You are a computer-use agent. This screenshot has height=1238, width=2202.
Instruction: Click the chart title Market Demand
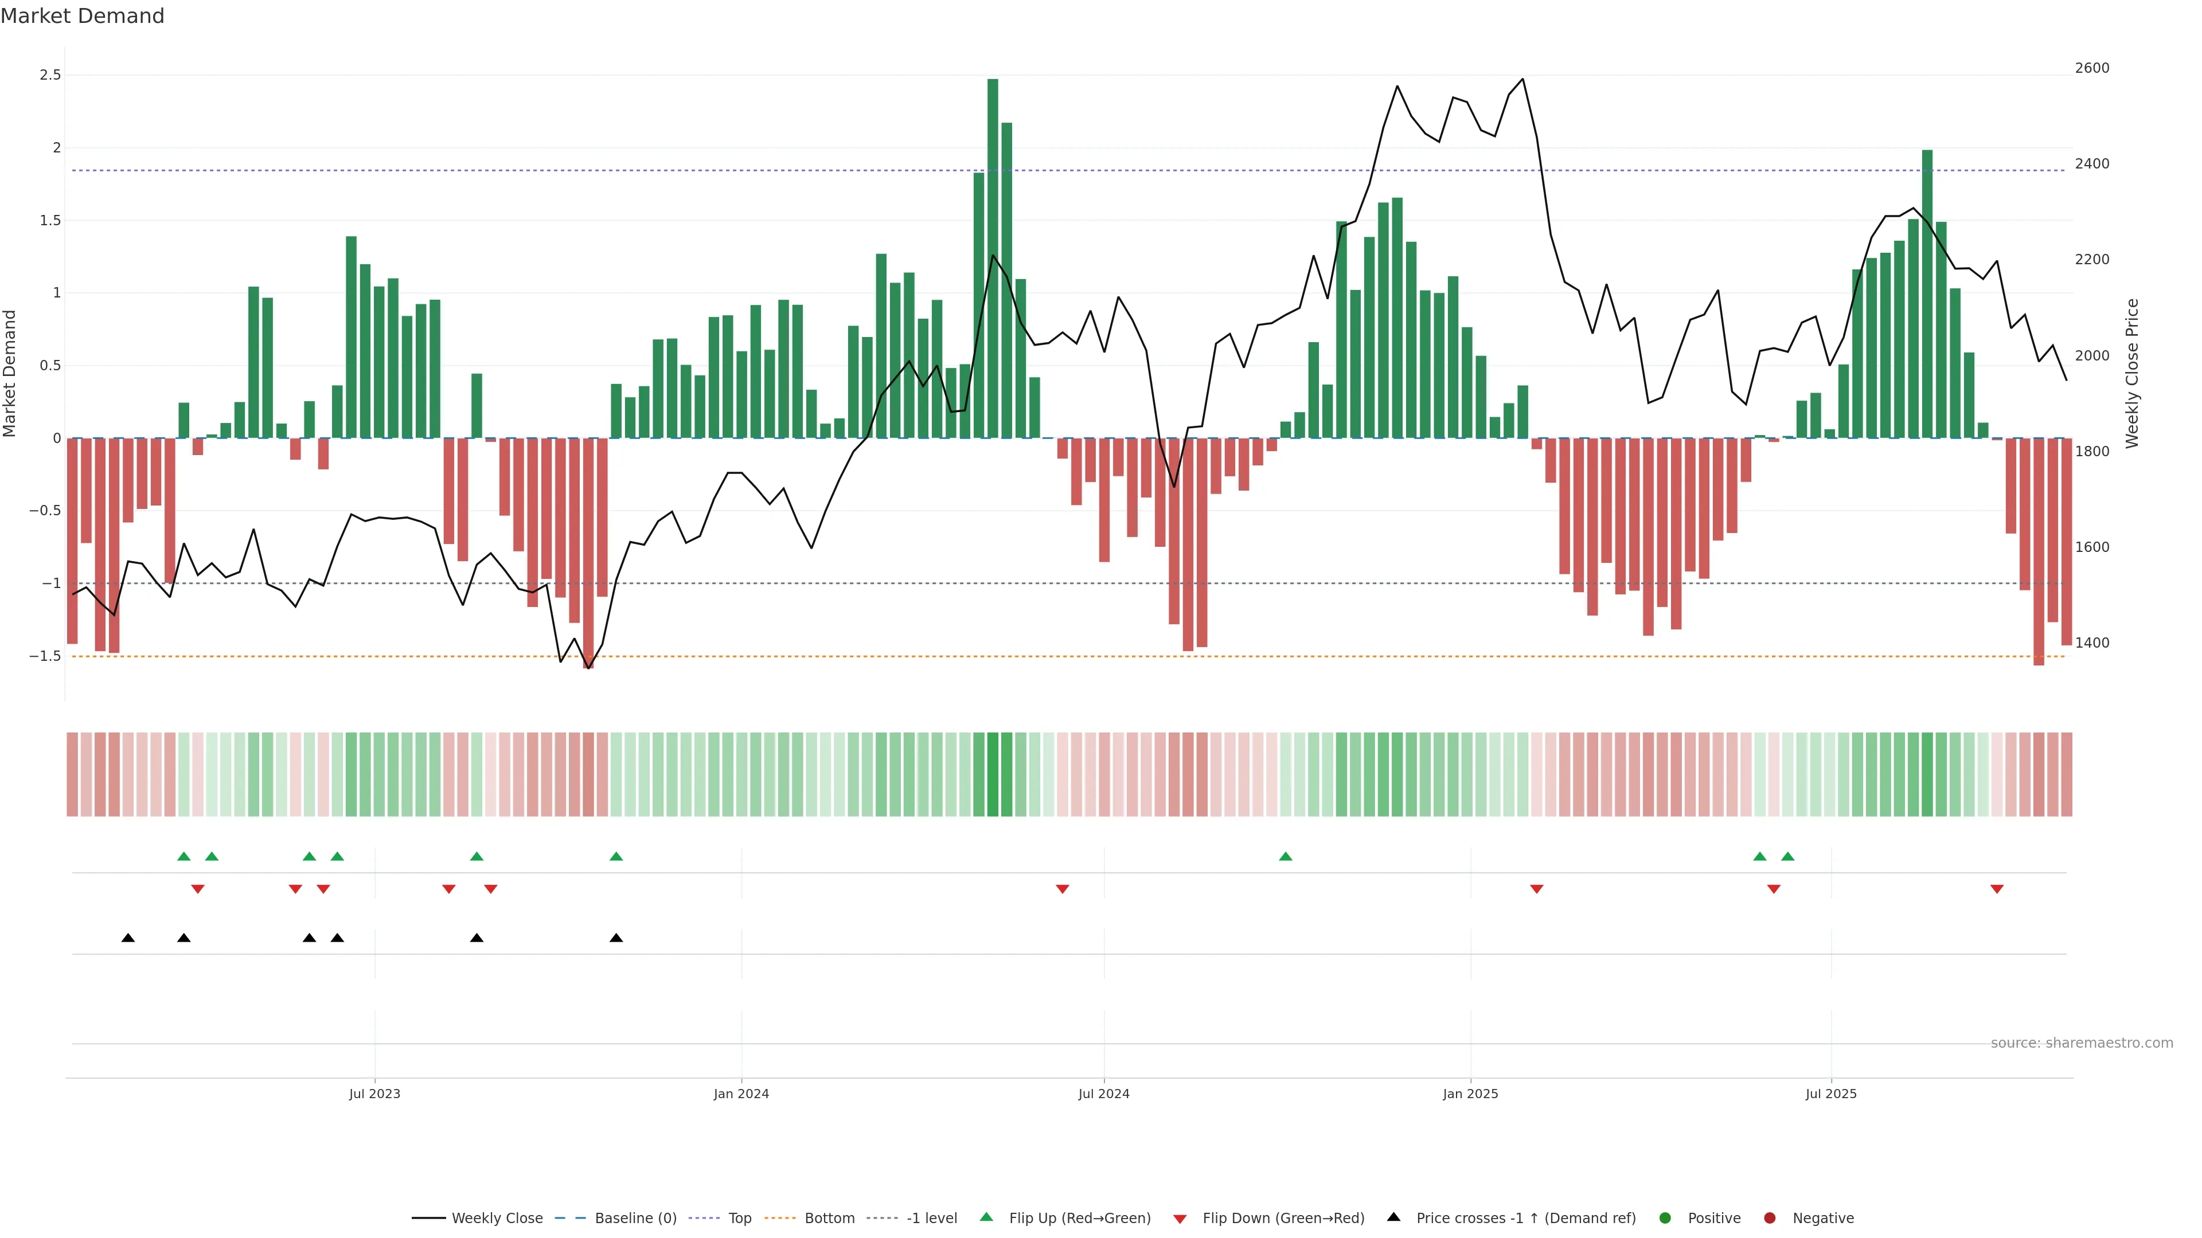(82, 16)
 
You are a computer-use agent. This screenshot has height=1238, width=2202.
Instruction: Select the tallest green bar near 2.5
(993, 256)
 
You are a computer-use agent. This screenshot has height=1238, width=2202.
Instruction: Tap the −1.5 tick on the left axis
(45, 656)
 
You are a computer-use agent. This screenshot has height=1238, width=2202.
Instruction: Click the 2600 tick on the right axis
(2092, 68)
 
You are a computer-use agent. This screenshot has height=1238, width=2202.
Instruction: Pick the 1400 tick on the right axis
(2092, 642)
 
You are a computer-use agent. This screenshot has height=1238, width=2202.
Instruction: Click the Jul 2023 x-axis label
(374, 1094)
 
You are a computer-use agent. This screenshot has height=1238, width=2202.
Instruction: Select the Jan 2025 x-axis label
(1470, 1094)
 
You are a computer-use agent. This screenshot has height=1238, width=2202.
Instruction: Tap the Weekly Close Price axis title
(2132, 373)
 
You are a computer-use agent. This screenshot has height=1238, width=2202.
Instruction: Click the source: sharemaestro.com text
(2082, 1043)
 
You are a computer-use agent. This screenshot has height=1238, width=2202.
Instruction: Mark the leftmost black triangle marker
(128, 938)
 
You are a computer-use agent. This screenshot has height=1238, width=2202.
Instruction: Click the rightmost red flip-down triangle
(1997, 890)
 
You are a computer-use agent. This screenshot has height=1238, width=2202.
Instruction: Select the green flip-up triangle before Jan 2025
(1286, 856)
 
